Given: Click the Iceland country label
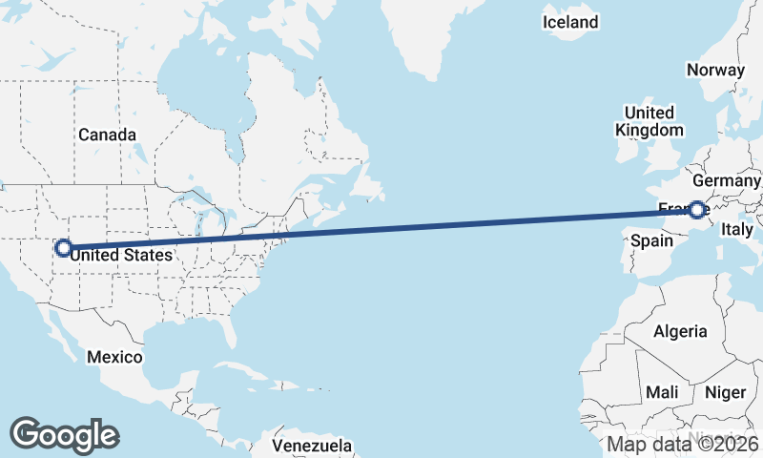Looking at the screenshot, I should (570, 22).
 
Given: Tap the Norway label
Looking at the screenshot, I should (714, 70).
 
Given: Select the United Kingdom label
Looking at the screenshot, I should (650, 121).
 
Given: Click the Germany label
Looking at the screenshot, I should (727, 180).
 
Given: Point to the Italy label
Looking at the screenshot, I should (737, 229).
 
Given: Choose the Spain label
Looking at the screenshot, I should (652, 241).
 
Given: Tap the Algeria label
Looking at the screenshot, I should (680, 331).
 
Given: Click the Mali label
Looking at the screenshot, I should (662, 392).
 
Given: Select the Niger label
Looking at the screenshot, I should (723, 392).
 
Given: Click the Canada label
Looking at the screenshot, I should (107, 135).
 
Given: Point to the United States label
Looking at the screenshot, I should (121, 255).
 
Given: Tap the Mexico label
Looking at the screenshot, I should (114, 357).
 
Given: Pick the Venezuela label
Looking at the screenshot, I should (312, 446).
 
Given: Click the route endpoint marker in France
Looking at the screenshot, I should (698, 209).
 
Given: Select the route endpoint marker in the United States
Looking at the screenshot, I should (63, 248).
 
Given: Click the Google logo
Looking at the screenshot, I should (64, 435).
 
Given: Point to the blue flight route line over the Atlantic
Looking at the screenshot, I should (429, 225).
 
